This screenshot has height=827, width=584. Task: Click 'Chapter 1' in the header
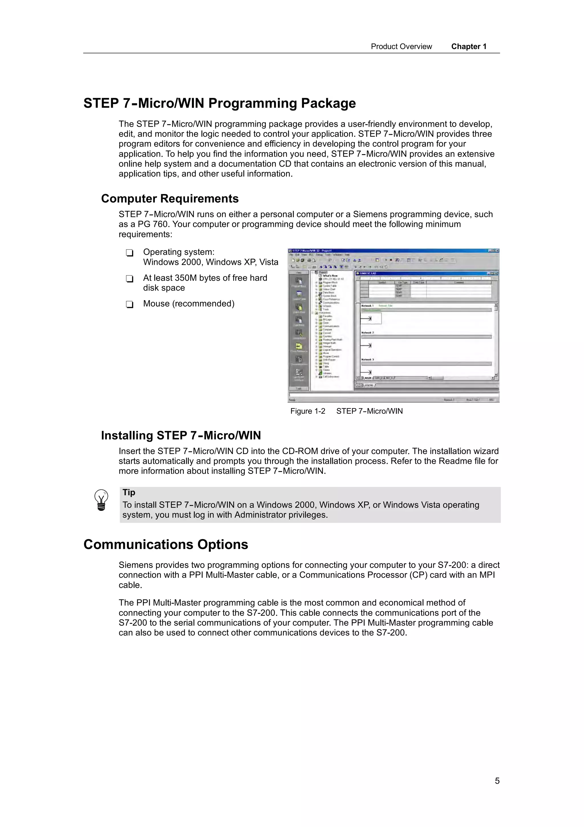coord(469,47)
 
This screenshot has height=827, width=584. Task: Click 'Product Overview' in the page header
coord(401,47)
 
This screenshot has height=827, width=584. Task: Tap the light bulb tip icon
coord(101,500)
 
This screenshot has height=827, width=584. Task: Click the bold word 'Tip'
coord(129,492)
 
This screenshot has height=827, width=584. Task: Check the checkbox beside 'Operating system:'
coord(129,253)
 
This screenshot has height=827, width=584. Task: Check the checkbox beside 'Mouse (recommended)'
coord(129,305)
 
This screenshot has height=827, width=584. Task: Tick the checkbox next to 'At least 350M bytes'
coord(129,279)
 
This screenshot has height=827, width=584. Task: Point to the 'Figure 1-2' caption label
coord(308,411)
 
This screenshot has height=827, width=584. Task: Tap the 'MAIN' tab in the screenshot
coord(368,378)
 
